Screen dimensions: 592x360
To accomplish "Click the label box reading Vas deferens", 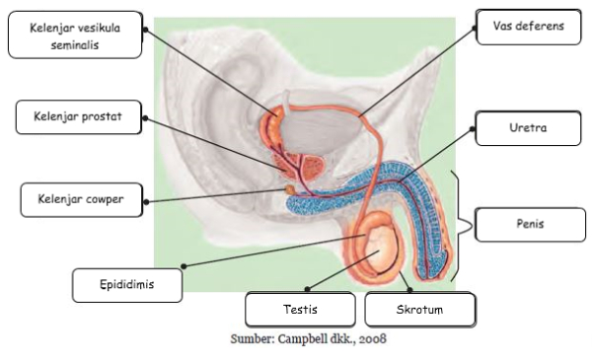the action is point(529,28).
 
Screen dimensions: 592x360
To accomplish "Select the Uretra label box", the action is point(528,128).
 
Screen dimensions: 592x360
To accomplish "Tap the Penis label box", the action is point(530,225).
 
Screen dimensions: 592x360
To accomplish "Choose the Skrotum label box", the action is point(420,310).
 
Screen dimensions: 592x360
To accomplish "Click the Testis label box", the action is point(300,310).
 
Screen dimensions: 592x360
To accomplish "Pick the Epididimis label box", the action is point(127,285).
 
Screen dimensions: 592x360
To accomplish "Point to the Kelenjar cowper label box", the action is point(82,200).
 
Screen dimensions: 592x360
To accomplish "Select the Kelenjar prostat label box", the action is point(79,117).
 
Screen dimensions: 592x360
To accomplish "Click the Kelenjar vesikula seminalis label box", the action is point(75,35).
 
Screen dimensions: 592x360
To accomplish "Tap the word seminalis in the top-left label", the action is point(75,45).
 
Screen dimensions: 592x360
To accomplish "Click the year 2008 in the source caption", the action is point(373,339).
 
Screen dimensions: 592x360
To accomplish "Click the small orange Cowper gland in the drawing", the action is point(290,189).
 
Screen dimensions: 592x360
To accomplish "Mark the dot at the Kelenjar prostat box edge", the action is point(145,118).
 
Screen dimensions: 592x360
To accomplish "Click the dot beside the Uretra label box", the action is point(473,129).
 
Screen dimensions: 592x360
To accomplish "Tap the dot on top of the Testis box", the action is point(307,289).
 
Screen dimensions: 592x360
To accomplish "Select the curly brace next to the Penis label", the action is point(461,226).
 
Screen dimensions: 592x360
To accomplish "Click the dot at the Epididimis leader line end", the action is point(184,266).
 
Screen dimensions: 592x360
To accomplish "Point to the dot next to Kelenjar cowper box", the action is point(146,202).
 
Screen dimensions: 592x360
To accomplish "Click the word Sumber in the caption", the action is point(253,339).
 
